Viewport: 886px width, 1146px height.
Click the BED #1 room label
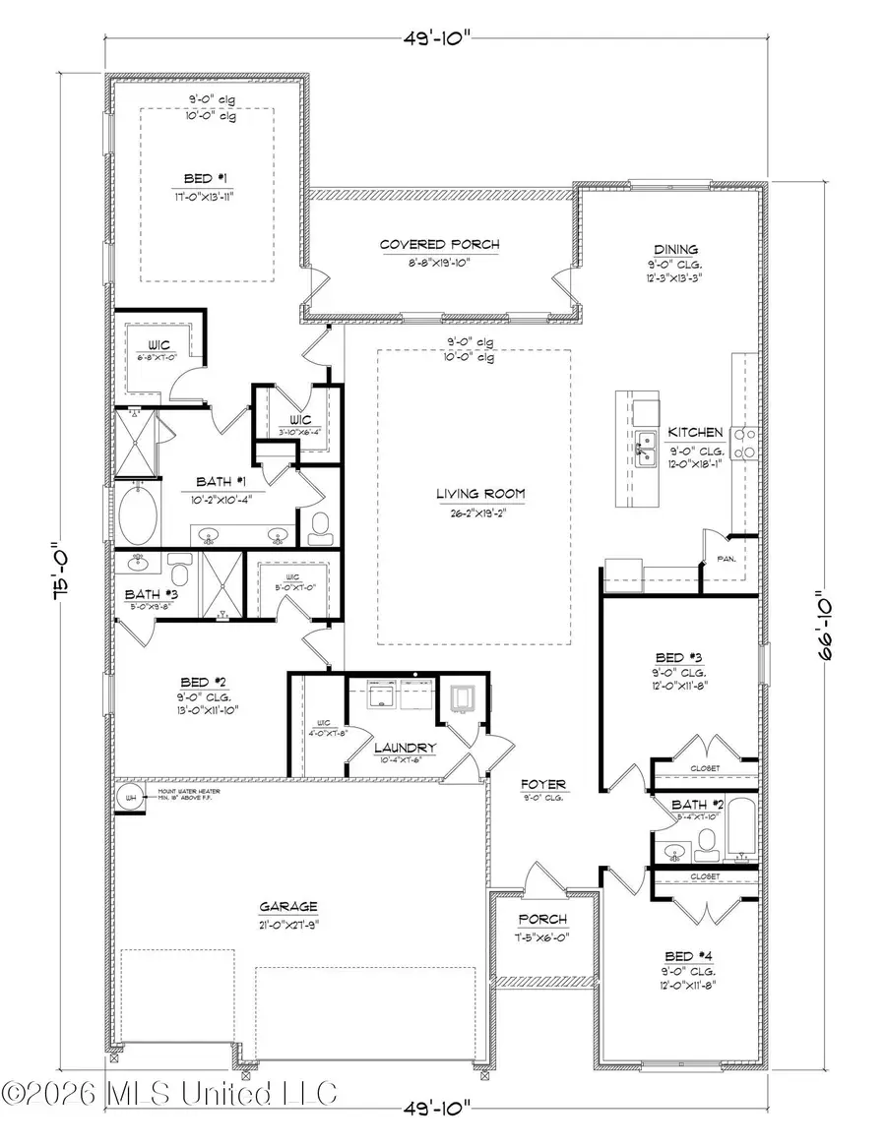click(207, 178)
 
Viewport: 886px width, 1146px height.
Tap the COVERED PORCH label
click(440, 245)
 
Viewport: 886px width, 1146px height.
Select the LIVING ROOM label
click(481, 494)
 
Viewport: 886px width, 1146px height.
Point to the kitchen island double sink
click(646, 449)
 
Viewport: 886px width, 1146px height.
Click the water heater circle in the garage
click(127, 796)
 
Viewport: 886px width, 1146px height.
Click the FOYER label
click(543, 784)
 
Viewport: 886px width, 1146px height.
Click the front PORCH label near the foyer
click(542, 919)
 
